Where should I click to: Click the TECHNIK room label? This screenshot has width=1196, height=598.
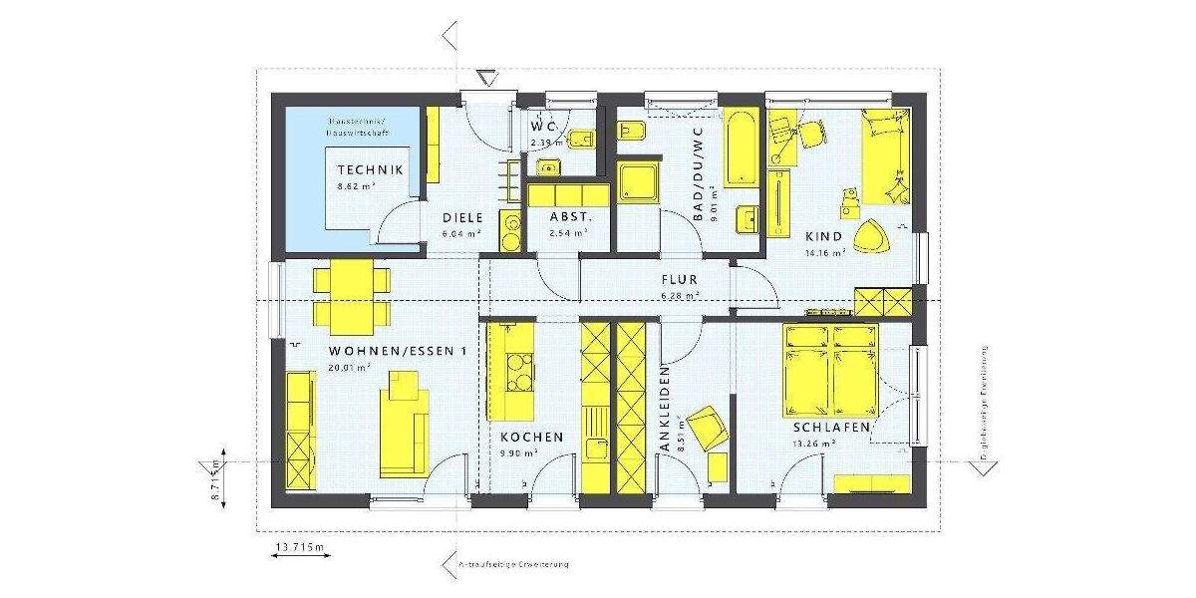(370, 170)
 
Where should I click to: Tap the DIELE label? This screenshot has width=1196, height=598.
(462, 217)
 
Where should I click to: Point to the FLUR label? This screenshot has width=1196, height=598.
(679, 280)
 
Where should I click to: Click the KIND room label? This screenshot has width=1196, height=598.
(823, 236)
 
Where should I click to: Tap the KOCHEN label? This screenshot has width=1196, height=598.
(531, 437)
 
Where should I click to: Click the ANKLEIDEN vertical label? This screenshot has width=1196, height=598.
(665, 409)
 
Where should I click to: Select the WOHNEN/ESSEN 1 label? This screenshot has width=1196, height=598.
(398, 352)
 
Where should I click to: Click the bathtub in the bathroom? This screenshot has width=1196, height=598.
(741, 148)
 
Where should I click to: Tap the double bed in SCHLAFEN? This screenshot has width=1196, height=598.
(832, 369)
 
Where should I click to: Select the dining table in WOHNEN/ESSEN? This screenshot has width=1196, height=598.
(350, 297)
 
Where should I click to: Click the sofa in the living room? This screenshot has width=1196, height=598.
(403, 424)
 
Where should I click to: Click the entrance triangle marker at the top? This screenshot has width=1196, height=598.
(486, 78)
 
